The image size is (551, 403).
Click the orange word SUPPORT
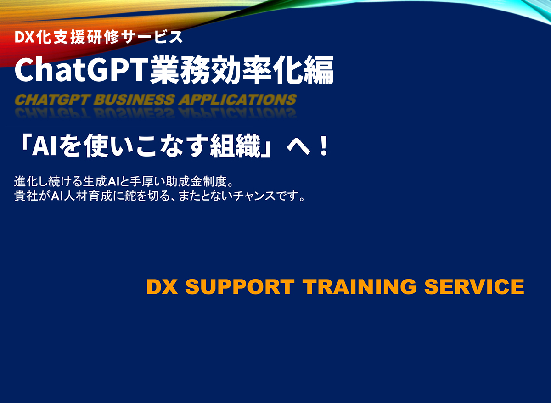click(239, 287)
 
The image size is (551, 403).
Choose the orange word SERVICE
click(474, 287)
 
